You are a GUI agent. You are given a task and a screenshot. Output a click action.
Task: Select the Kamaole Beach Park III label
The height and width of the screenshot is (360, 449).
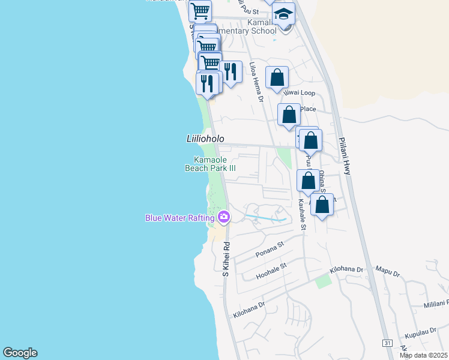[x=209, y=164]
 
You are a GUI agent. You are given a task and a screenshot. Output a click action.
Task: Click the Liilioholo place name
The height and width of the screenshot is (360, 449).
[x=205, y=139]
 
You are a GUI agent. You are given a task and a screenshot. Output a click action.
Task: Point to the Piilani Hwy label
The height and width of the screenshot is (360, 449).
[x=345, y=156]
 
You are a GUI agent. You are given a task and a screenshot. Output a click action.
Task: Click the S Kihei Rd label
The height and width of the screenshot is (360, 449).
[x=226, y=259]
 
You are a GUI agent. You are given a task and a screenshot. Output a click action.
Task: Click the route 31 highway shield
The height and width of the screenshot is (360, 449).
[x=388, y=343]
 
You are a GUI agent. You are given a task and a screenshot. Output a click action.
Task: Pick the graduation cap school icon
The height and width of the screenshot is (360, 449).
[x=284, y=14]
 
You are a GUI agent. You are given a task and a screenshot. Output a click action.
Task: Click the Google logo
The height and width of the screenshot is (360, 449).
[x=20, y=353]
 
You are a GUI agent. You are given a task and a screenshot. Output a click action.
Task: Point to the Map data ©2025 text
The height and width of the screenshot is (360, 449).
[x=423, y=355]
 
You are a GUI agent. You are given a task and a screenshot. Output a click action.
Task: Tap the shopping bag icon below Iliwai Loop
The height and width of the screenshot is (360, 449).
[x=289, y=114]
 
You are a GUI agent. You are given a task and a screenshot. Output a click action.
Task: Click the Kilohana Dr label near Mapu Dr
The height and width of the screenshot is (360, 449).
[x=348, y=271]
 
